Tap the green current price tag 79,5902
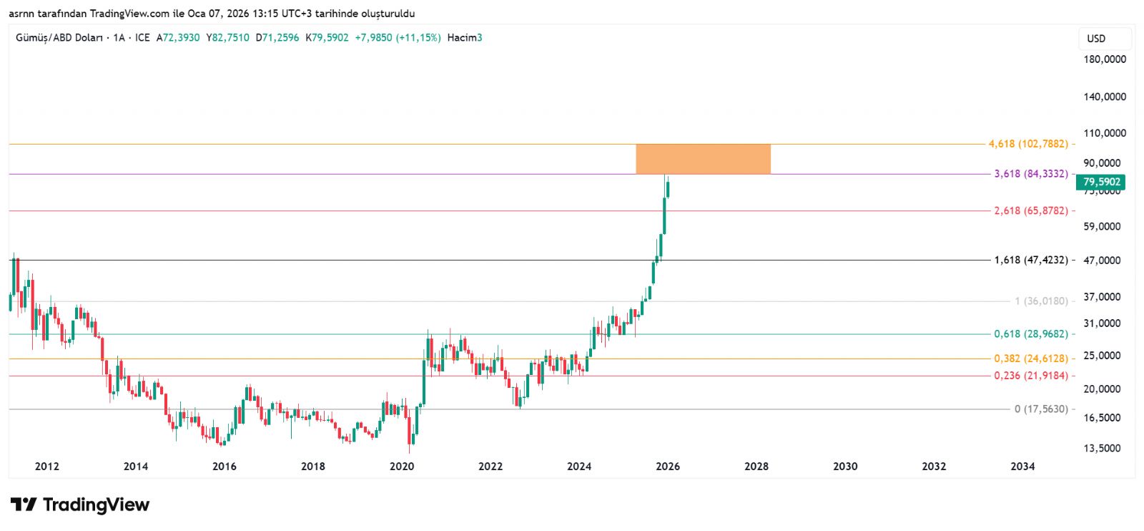coord(1100,182)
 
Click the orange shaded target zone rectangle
coord(703,159)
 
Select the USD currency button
coord(1096,39)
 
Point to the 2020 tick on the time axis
coord(402,467)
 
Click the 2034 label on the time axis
coord(1022,467)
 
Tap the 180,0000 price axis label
coord(1105,59)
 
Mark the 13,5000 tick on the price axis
coord(1102,449)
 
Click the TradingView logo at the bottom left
coord(80,505)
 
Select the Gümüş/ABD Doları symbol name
coord(59,38)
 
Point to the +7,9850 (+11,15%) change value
coord(398,38)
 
